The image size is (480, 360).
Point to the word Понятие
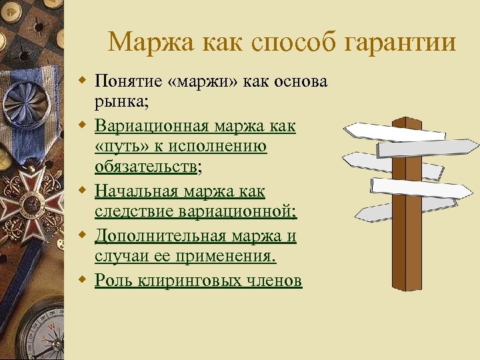coord(130,81)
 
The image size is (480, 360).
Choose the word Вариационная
coord(162,125)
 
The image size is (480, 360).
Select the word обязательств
coord(145,169)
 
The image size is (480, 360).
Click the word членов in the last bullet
coord(275,281)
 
